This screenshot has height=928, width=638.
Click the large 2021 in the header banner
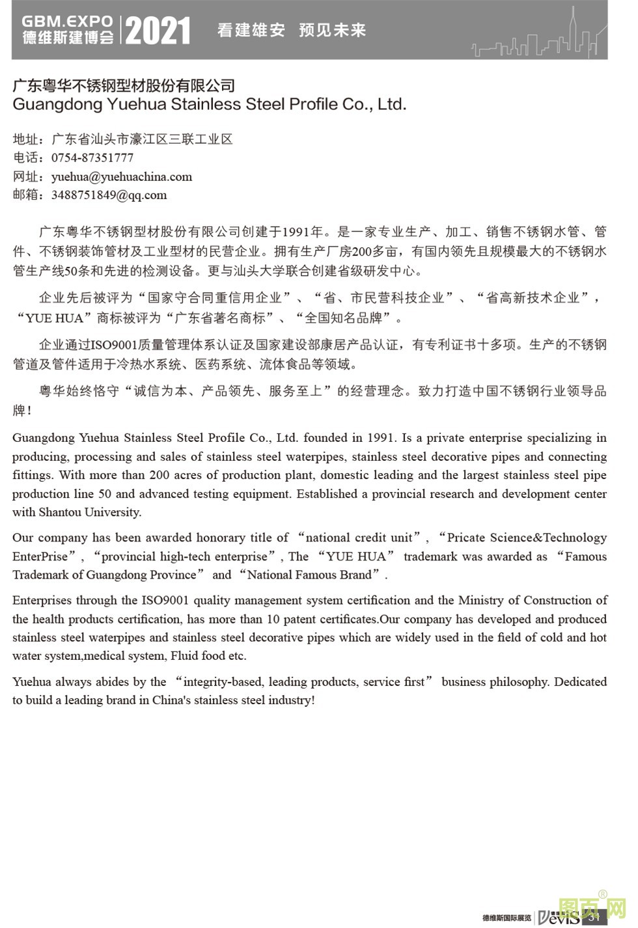[x=158, y=31]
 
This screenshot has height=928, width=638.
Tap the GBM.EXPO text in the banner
[x=67, y=21]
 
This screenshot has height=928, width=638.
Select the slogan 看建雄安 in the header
[x=251, y=30]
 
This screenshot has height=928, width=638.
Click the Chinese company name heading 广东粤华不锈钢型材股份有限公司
[x=124, y=85]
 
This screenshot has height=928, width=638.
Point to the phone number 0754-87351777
[x=92, y=157]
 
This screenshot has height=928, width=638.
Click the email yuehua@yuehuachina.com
[x=122, y=176]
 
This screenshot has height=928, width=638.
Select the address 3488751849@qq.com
[x=109, y=195]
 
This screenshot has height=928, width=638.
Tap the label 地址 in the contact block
[x=26, y=139]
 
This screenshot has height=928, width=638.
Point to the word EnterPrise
[x=40, y=556]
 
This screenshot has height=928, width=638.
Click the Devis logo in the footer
[x=559, y=917]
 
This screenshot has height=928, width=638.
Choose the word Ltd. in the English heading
[x=392, y=104]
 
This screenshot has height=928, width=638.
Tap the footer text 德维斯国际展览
[x=506, y=918]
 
